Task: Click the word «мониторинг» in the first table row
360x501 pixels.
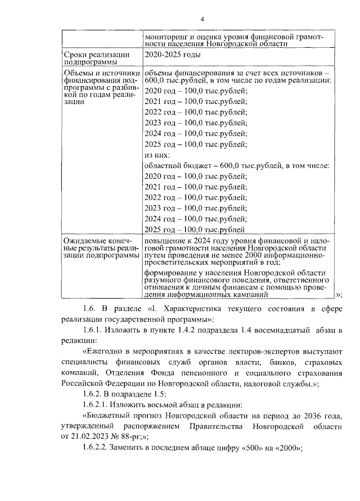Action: [x=165, y=37]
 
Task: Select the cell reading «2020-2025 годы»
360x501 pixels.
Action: [x=172, y=55]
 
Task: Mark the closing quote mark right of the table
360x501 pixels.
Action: [x=337, y=294]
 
